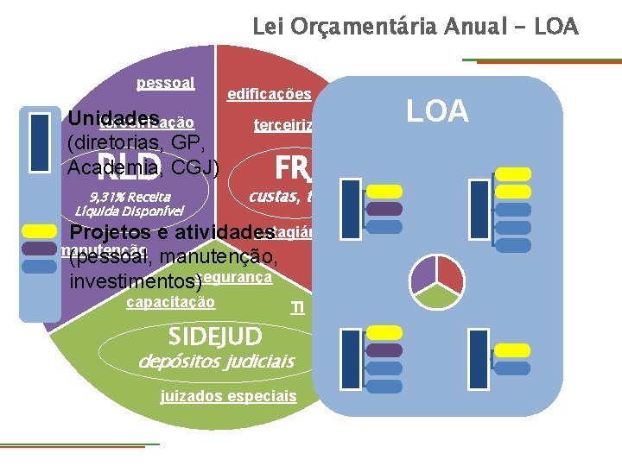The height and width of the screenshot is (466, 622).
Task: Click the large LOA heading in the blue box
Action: (438, 111)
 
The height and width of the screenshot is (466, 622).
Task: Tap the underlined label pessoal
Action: (165, 84)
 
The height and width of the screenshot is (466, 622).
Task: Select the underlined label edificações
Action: (269, 94)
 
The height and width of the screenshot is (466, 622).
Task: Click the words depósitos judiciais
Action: (217, 360)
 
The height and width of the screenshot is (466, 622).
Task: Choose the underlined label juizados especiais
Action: (229, 396)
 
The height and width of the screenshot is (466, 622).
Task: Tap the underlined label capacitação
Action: (170, 302)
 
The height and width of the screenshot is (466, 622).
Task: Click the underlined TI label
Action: (297, 308)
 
